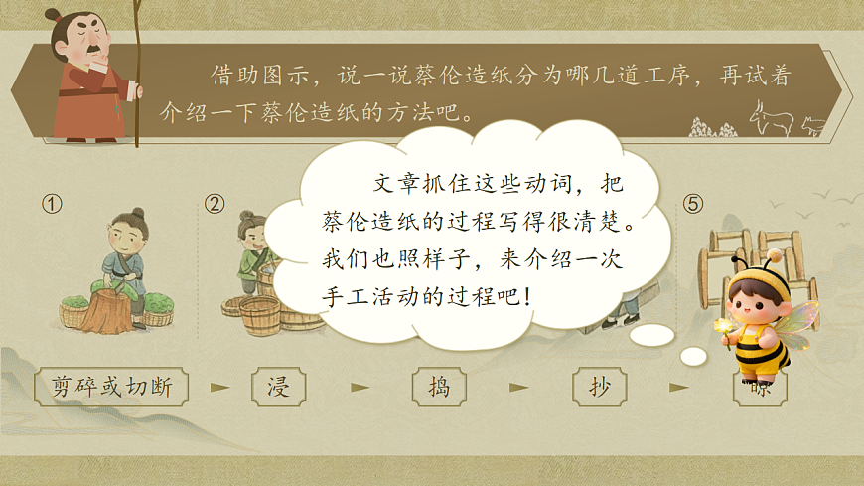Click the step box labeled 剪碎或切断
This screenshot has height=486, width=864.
(x=111, y=387)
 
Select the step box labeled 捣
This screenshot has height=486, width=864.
(x=438, y=387)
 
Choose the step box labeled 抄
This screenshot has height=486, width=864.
(x=600, y=387)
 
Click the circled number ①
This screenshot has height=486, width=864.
(x=52, y=204)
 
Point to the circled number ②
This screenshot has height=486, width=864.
(x=215, y=204)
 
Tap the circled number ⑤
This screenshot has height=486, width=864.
(x=693, y=204)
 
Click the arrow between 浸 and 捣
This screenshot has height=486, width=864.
(x=359, y=387)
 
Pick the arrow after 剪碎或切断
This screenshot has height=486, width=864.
(x=219, y=387)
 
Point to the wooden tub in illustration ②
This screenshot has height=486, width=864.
(x=260, y=315)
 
